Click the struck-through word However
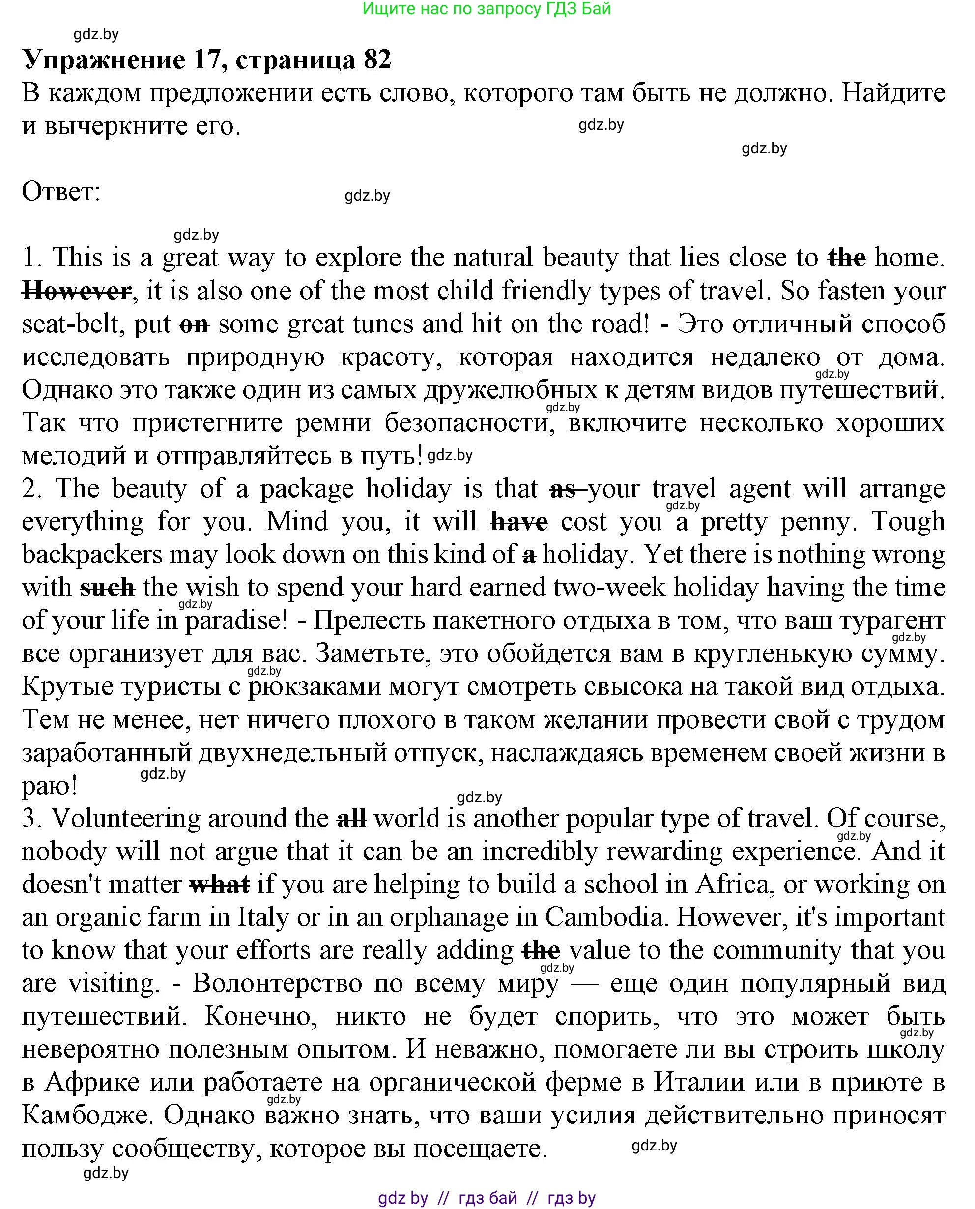click(76, 291)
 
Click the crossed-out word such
click(107, 588)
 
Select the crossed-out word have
click(519, 521)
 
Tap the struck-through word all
click(351, 818)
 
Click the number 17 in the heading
click(206, 59)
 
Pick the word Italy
click(264, 917)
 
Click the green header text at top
click(487, 9)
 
